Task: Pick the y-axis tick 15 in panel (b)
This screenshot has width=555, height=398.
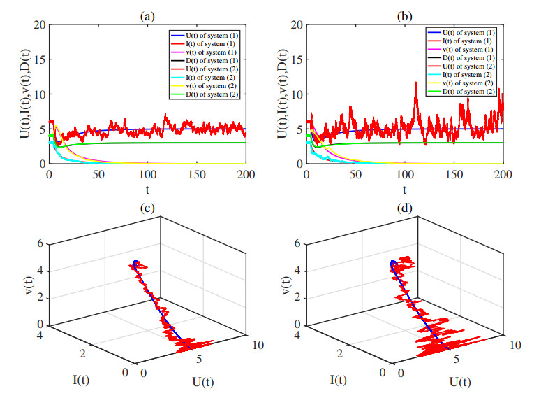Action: pyautogui.click(x=297, y=59)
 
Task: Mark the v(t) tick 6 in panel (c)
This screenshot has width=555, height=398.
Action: pyautogui.click(x=40, y=243)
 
